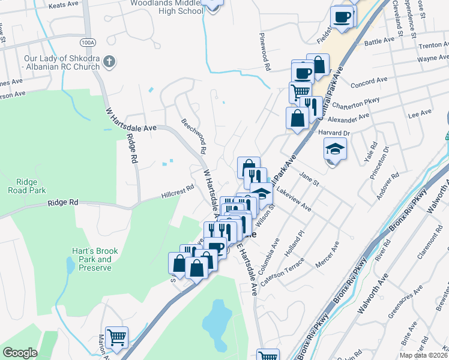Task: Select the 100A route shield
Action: tap(87, 43)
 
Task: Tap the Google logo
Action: tap(20, 352)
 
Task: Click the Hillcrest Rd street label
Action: tap(178, 191)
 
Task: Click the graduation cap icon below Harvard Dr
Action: tap(336, 148)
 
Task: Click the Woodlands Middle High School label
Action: tap(166, 7)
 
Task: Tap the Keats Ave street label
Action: tap(64, 5)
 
